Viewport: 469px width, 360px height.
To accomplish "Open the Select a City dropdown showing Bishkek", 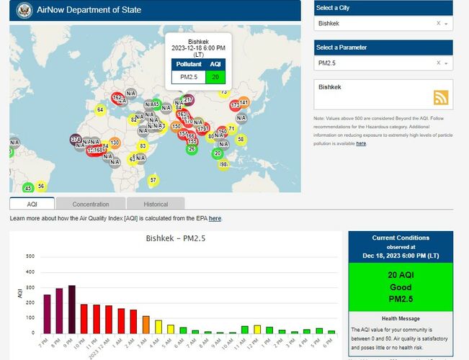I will tap(383, 24).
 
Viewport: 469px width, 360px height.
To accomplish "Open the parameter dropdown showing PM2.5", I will tap(383, 63).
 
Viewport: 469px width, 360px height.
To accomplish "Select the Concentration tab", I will tap(91, 204).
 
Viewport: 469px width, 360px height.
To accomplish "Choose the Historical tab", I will tap(156, 204).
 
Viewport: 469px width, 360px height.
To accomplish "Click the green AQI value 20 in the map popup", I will tap(215, 76).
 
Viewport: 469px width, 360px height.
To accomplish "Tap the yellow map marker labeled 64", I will tap(100, 109).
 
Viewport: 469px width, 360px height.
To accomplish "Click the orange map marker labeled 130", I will tap(115, 143).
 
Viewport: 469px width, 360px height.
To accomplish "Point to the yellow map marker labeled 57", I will tap(153, 179).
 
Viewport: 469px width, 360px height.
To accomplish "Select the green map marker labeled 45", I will tap(28, 189).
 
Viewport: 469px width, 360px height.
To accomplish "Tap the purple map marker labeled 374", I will tap(76, 139).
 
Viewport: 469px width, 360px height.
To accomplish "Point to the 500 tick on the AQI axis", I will tap(30, 256).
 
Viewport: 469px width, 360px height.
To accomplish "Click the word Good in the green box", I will tap(400, 287).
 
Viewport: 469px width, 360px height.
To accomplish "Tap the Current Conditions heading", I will tap(401, 238).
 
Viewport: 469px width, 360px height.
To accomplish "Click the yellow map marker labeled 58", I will tap(241, 139).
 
